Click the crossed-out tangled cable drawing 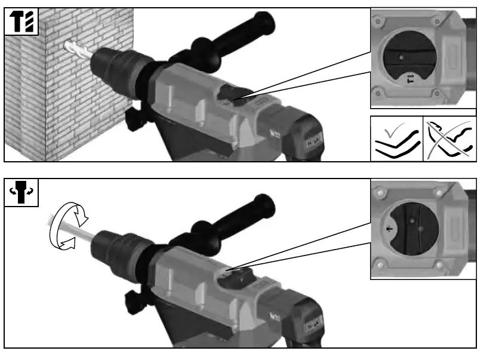coord(451,139)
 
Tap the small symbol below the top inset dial coord(410,79)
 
